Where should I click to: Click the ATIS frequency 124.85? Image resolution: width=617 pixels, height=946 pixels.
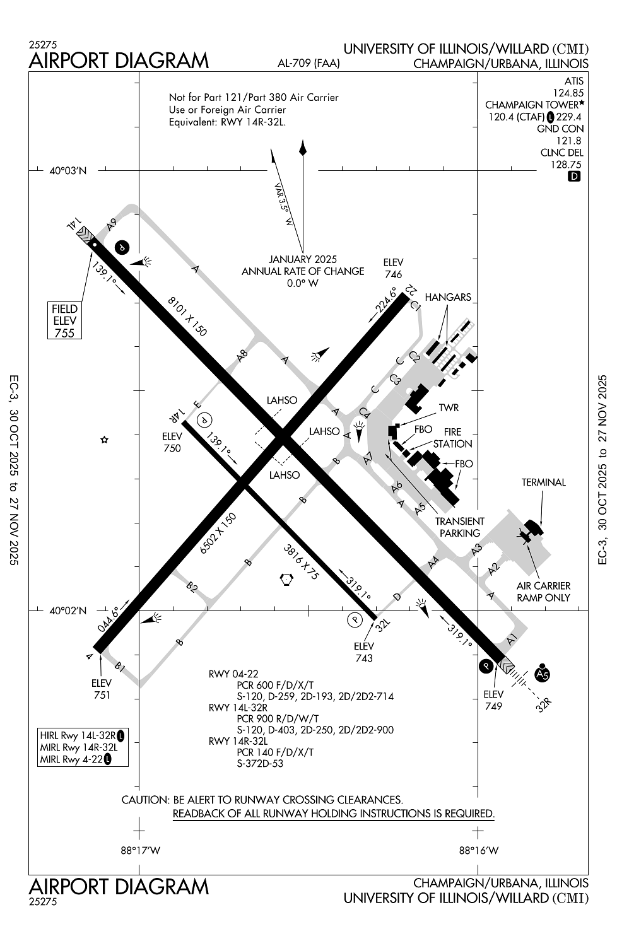568,93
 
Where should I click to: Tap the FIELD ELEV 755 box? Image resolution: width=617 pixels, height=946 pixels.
64,320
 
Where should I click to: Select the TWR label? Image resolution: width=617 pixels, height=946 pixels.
449,408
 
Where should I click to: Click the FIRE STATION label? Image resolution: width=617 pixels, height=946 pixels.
452,438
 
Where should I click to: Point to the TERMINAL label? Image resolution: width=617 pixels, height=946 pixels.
543,482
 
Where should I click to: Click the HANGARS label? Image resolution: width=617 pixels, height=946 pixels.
448,297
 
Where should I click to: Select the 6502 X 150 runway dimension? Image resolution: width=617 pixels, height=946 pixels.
218,534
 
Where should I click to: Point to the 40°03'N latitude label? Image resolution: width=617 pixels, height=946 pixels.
68,171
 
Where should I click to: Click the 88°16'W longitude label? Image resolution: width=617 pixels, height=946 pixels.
479,850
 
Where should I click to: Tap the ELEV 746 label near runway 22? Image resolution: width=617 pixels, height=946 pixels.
393,268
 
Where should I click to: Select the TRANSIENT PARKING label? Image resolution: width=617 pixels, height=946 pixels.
460,527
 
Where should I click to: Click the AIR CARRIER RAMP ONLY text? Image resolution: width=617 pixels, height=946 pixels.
543,592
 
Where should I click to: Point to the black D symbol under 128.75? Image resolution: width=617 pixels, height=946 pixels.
574,177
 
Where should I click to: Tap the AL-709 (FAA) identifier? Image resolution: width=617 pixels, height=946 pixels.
308,63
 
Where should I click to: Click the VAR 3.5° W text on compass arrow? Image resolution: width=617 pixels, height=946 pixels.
283,205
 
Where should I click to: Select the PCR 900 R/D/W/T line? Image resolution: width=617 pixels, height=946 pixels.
278,719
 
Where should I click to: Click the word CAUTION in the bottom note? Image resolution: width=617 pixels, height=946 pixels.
144,800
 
